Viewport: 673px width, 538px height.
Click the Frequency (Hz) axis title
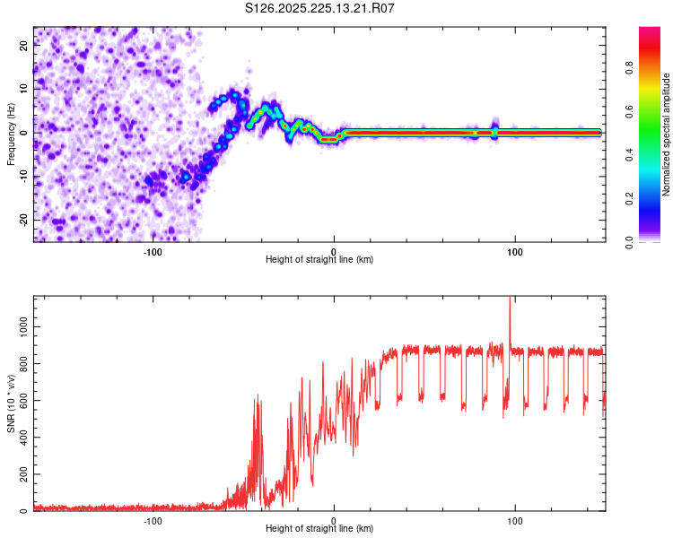pos(11,133)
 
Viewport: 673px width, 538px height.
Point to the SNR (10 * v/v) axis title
pos(11,404)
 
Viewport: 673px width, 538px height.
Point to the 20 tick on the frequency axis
pos(25,46)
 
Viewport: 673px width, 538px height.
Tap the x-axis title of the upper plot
pos(319,260)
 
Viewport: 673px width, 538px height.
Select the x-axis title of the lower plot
pos(319,529)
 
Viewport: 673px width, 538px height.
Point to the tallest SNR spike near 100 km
pos(510,301)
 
